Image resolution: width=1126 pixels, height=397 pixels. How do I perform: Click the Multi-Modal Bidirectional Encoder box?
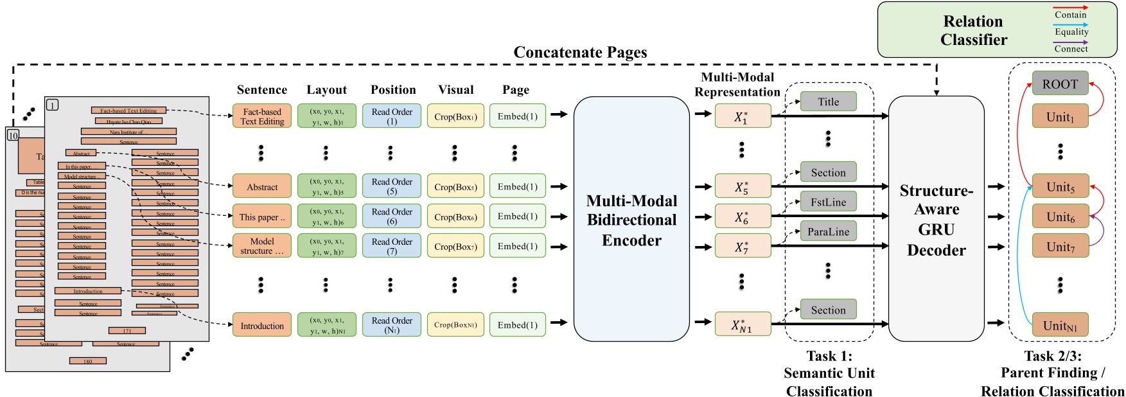tap(631, 220)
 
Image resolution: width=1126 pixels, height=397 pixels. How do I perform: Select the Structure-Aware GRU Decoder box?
tap(936, 220)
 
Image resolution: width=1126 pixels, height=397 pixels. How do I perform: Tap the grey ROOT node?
tap(1060, 84)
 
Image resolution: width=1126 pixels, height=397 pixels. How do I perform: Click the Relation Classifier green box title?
tap(973, 30)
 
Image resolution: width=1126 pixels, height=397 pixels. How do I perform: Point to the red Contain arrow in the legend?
tap(1071, 7)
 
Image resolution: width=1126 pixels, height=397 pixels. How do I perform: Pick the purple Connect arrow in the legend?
tap(1071, 42)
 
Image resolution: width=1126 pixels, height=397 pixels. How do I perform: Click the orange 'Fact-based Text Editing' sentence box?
tap(261, 116)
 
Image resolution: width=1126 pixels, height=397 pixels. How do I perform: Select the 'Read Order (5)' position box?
tap(392, 186)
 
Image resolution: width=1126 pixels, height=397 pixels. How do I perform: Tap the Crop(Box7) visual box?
tap(455, 247)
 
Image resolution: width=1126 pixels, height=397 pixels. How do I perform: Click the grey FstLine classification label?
tap(828, 202)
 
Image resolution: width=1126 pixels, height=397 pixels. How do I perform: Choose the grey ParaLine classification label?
tap(828, 232)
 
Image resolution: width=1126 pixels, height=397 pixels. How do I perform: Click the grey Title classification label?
tap(828, 101)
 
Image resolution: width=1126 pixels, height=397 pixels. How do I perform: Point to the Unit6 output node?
tap(1060, 217)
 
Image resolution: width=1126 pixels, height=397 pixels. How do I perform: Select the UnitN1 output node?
tap(1060, 326)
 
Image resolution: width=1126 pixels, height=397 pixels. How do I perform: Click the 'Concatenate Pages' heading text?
tap(580, 53)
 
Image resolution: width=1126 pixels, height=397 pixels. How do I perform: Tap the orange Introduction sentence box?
tap(261, 326)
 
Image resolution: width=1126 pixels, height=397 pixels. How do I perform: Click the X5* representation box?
tap(742, 187)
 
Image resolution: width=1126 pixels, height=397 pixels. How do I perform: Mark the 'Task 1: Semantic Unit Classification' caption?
tap(829, 373)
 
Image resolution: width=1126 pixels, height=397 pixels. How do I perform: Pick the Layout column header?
tap(326, 90)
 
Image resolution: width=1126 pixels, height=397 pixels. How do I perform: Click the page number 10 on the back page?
tap(13, 136)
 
